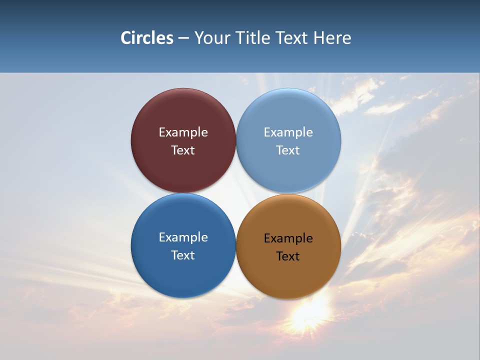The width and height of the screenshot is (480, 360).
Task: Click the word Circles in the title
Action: tap(147, 38)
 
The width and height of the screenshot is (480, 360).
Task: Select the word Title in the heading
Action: tap(254, 38)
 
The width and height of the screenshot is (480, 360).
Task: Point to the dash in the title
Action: tap(183, 38)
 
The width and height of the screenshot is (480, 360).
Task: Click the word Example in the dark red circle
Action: tap(183, 132)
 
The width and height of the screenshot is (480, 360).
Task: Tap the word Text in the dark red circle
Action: tap(183, 150)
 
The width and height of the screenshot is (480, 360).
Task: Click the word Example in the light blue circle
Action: tap(288, 132)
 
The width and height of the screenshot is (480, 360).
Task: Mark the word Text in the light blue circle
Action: tap(288, 150)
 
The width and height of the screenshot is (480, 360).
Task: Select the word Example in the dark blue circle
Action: tap(183, 237)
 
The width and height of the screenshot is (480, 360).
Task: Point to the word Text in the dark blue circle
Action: tap(183, 255)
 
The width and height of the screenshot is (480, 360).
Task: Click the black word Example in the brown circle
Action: tap(288, 238)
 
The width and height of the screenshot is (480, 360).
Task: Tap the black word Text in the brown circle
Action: tap(288, 256)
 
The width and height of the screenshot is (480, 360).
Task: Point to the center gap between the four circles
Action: tap(236, 193)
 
